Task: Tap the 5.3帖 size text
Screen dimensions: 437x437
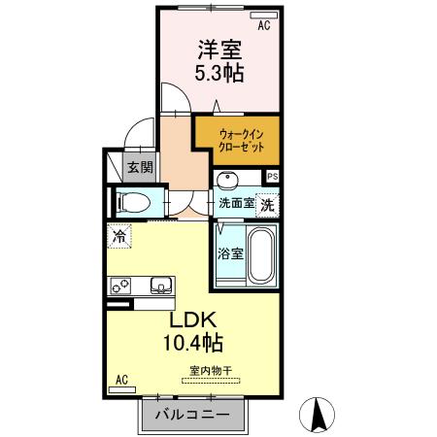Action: (x=219, y=74)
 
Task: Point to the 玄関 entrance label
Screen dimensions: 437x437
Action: (x=140, y=167)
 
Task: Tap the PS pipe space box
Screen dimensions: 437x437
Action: (x=273, y=176)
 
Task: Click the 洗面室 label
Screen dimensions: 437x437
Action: (x=236, y=205)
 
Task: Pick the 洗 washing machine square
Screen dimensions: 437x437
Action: (x=267, y=205)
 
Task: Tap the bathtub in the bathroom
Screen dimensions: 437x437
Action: (x=261, y=253)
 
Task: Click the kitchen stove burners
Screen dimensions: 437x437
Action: (x=121, y=286)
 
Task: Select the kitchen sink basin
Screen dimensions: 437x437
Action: (x=160, y=286)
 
